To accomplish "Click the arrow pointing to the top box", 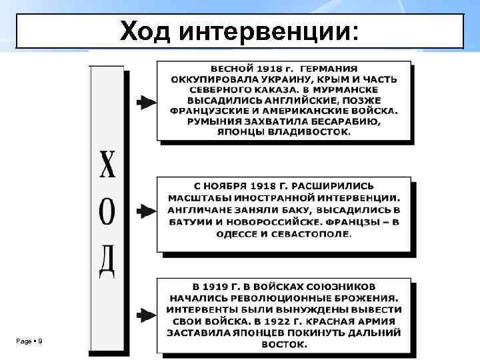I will [145, 102].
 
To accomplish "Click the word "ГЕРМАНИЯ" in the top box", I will [328, 69].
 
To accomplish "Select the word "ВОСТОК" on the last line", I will [284, 345].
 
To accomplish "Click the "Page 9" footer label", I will [29, 341].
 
